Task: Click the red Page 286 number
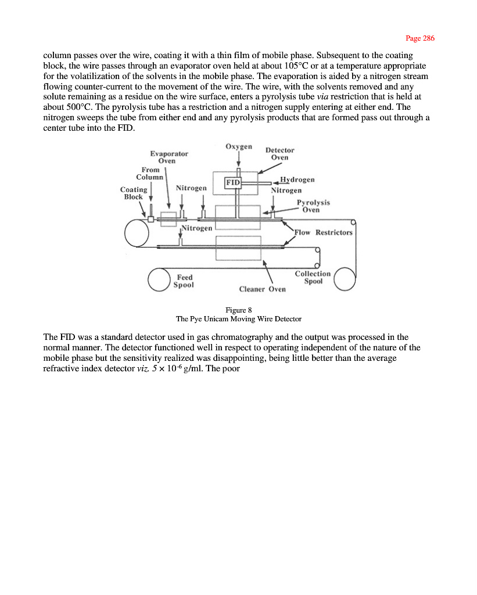point(419,38)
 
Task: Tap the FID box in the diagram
point(232,182)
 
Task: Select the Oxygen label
point(238,146)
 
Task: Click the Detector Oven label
point(279,153)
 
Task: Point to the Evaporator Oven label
point(169,157)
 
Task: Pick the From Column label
point(150,173)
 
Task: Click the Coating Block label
point(134,193)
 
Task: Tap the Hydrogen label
point(297,180)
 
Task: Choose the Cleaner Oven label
point(263,289)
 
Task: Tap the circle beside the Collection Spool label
point(346,278)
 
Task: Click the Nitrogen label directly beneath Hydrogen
point(286,190)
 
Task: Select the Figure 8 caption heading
point(238,310)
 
